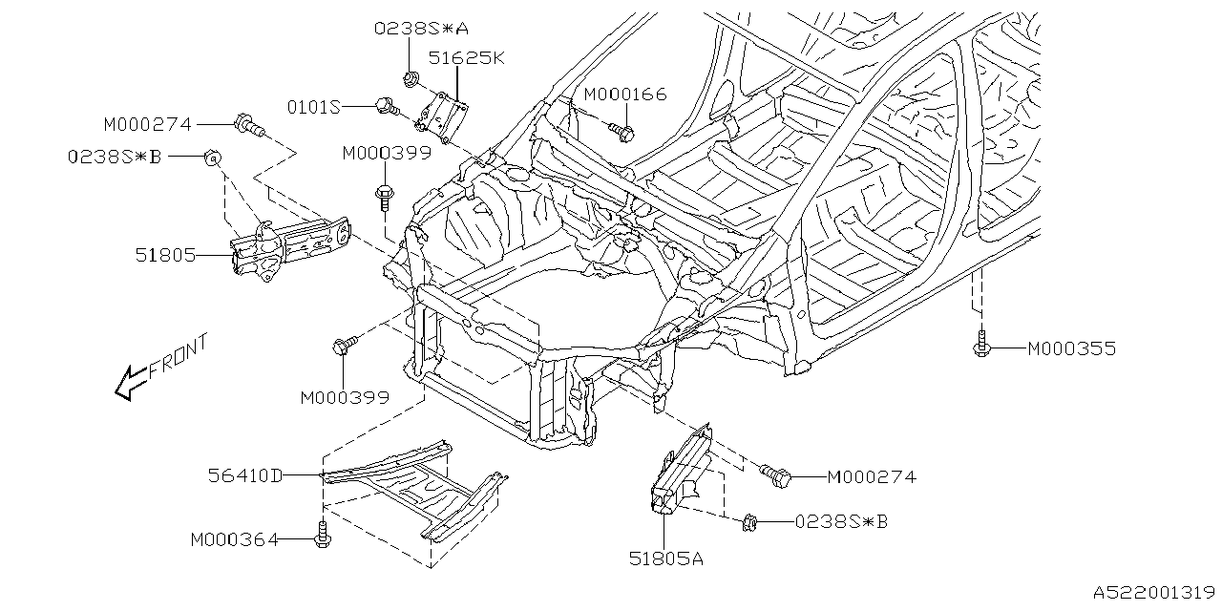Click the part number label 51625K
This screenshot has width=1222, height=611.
466,57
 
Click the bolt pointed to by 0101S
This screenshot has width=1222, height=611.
386,106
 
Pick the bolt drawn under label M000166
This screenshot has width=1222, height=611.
622,131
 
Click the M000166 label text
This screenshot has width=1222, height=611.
624,95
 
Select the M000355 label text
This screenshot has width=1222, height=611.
1071,349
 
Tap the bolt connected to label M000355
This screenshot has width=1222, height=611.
980,348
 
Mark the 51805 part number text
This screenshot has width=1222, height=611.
164,256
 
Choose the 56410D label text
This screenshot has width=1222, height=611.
245,474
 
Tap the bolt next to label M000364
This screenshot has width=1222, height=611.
322,537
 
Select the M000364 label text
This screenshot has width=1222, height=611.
234,540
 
